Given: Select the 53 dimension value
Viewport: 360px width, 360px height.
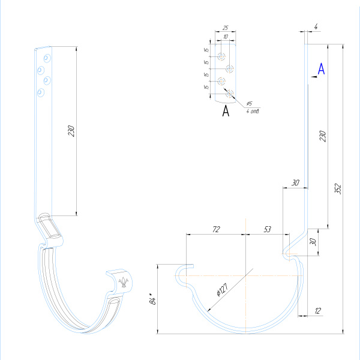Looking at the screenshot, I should [x=268, y=229].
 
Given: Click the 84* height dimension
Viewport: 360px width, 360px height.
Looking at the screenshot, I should [x=152, y=298].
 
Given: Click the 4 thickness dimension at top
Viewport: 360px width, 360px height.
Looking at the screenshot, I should [x=315, y=26].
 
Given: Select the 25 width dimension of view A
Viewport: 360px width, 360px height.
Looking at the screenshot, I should [x=224, y=28].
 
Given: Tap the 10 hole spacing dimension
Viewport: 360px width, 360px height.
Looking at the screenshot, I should [x=225, y=37].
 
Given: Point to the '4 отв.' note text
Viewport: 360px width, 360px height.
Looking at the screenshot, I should [x=252, y=111].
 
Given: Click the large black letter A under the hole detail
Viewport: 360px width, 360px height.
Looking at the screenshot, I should [x=226, y=111].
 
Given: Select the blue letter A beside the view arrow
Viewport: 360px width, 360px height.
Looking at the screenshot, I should [x=321, y=69].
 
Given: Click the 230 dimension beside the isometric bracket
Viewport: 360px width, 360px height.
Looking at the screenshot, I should [x=71, y=131].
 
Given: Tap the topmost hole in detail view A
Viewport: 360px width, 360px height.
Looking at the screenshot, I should [x=221, y=57].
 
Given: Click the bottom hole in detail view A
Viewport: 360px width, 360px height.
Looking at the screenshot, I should [x=229, y=93].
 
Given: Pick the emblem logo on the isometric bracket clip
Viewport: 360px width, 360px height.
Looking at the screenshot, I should [x=124, y=281].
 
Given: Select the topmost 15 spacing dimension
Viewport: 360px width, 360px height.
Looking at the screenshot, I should [x=206, y=50].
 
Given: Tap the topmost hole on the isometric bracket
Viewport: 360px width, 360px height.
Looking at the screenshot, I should [x=47, y=59].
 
